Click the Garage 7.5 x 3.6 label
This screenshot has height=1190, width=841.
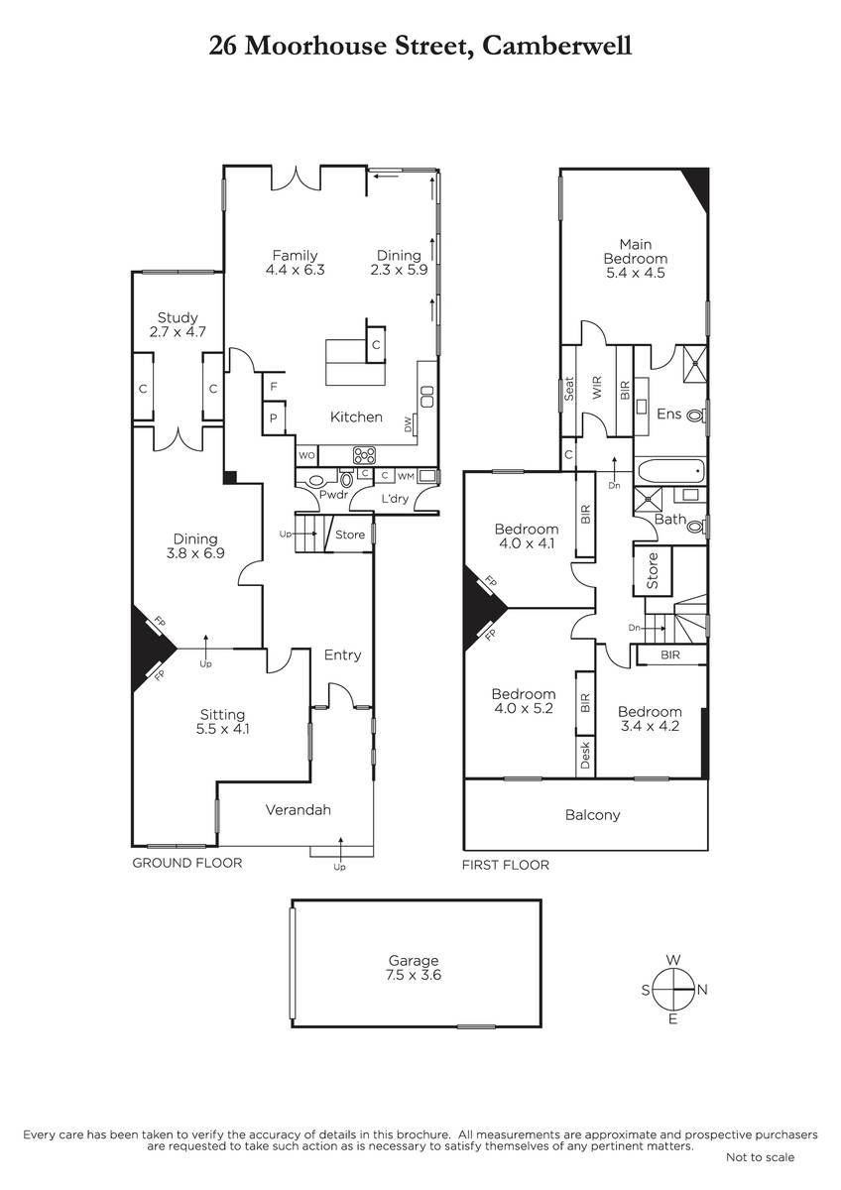click(414, 968)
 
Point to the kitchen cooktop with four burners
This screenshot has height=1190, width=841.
click(364, 455)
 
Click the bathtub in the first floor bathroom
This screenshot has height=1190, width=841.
click(671, 471)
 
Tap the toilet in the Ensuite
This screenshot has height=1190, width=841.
click(696, 416)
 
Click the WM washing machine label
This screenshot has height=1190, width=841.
click(406, 477)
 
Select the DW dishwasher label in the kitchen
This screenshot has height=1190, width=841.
click(408, 424)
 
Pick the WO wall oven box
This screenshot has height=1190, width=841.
click(306, 455)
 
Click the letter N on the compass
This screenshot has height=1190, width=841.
click(702, 990)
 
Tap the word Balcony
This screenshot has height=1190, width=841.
click(592, 815)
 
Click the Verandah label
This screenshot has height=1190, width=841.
click(299, 809)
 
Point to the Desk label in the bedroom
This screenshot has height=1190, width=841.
click(585, 756)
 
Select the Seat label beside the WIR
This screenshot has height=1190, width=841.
click(569, 389)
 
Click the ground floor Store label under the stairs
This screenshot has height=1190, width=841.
click(350, 535)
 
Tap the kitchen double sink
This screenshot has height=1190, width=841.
click(427, 397)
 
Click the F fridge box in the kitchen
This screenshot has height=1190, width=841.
click(274, 387)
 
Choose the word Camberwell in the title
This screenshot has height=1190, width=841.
click(556, 46)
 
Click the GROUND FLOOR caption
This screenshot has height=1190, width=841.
click(187, 863)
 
